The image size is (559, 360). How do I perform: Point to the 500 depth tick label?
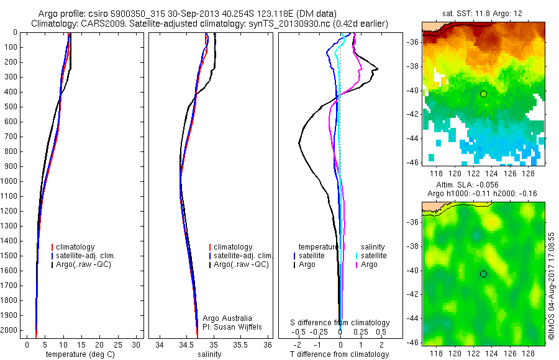[12, 107]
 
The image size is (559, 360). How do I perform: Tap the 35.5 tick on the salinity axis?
[240, 344]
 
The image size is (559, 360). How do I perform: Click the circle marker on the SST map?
[483, 94]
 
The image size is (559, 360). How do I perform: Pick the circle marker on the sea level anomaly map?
[483, 274]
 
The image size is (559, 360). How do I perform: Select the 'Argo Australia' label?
[227, 318]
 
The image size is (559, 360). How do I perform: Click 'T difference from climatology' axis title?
[339, 354]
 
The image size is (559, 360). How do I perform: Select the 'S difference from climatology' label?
[340, 323]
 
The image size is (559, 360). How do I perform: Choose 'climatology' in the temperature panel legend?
[78, 247]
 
